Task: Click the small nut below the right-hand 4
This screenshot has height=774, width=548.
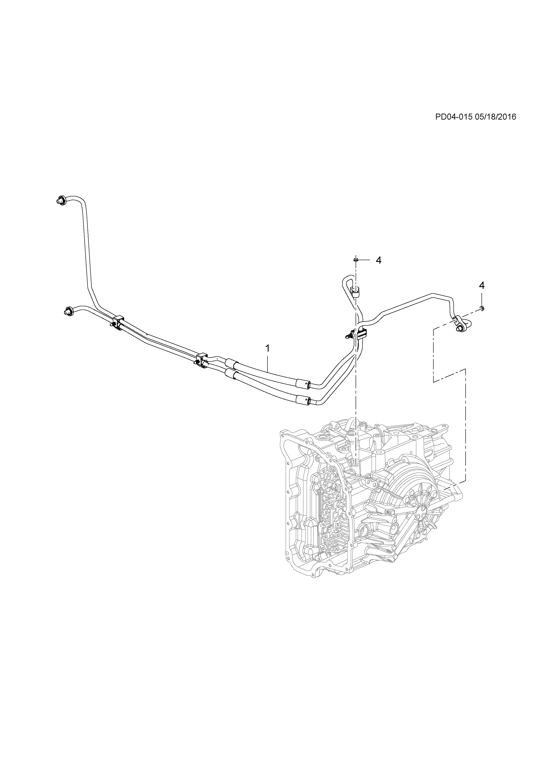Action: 482,308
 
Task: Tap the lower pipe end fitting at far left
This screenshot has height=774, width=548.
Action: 68,311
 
